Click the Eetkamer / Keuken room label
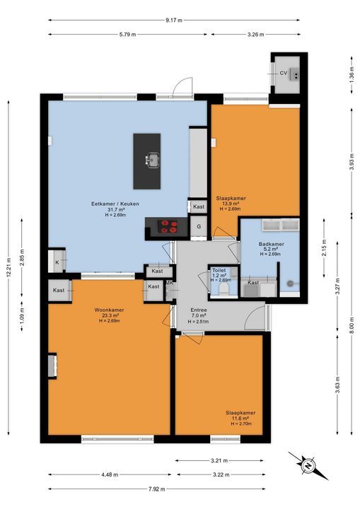click(x=115, y=204)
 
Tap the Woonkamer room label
click(x=109, y=310)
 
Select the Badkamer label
click(x=272, y=244)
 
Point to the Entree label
click(x=199, y=310)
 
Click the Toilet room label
click(x=219, y=270)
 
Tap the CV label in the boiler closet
click(x=284, y=74)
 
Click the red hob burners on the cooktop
click(x=168, y=226)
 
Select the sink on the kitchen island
click(x=152, y=160)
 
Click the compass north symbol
click(x=308, y=466)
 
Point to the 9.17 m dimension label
click(x=174, y=20)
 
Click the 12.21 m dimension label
click(x=8, y=267)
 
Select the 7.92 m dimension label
click(x=157, y=489)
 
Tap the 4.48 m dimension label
click(x=110, y=474)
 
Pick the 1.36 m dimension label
click(x=352, y=75)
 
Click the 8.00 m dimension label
click(x=352, y=324)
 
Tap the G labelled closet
click(x=199, y=227)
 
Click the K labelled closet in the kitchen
click(x=57, y=261)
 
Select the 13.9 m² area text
click(x=231, y=204)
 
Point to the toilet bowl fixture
click(x=224, y=288)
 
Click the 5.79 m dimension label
click(x=128, y=35)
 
